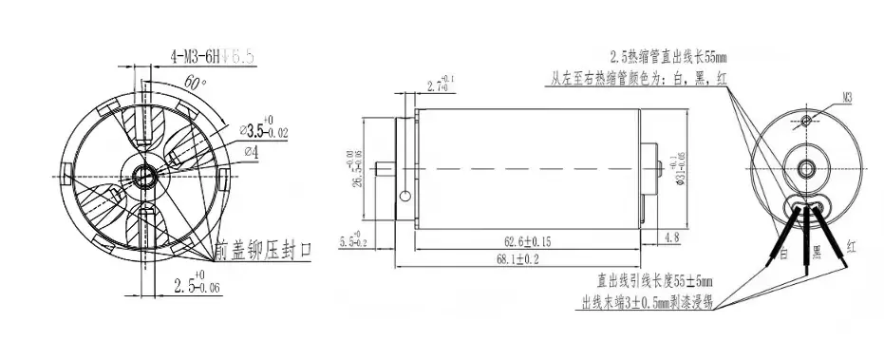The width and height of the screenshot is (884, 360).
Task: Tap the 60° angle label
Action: click(x=195, y=84)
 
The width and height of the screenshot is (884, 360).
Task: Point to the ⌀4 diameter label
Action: click(x=253, y=151)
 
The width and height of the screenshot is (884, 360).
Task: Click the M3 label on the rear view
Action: click(x=849, y=95)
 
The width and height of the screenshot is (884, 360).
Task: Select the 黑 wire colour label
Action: click(x=816, y=252)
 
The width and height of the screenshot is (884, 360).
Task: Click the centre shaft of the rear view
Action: click(x=807, y=169)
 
